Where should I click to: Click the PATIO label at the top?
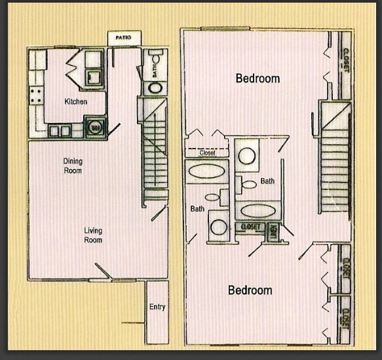click(x=123, y=38)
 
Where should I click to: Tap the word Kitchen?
click(x=76, y=101)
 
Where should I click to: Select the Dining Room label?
click(x=73, y=166)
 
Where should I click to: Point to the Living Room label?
click(x=92, y=235)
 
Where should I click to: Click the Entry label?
click(x=157, y=306)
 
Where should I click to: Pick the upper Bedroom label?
click(x=258, y=79)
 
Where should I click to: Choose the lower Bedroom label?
click(x=250, y=290)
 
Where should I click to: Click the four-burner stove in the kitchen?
click(x=36, y=95)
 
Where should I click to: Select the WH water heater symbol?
click(x=96, y=127)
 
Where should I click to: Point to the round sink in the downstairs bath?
click(x=156, y=88)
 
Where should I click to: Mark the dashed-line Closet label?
click(x=207, y=153)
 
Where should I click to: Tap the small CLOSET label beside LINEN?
click(x=250, y=227)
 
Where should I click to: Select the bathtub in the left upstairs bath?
click(x=207, y=172)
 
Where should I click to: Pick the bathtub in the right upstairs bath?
click(x=257, y=211)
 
